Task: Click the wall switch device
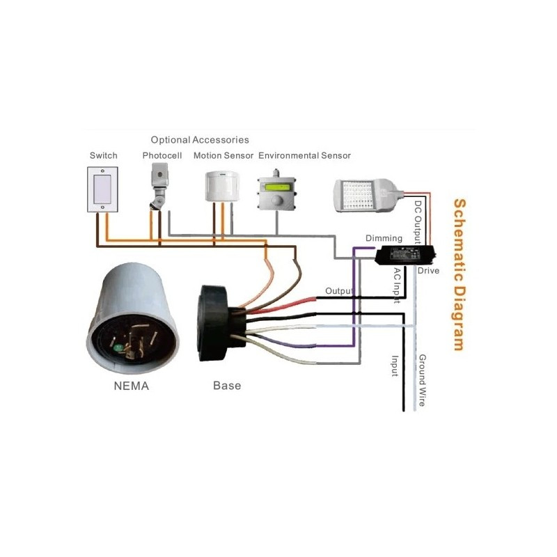[x=103, y=188]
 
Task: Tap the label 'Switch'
[x=103, y=155]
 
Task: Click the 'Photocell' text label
[x=162, y=155]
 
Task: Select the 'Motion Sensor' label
[x=223, y=155]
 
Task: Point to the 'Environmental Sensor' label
[x=304, y=155]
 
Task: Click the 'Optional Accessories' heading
[x=200, y=140]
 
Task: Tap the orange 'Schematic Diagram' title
[x=459, y=274]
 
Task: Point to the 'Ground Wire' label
[x=422, y=381]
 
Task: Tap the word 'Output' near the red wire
[x=339, y=290]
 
